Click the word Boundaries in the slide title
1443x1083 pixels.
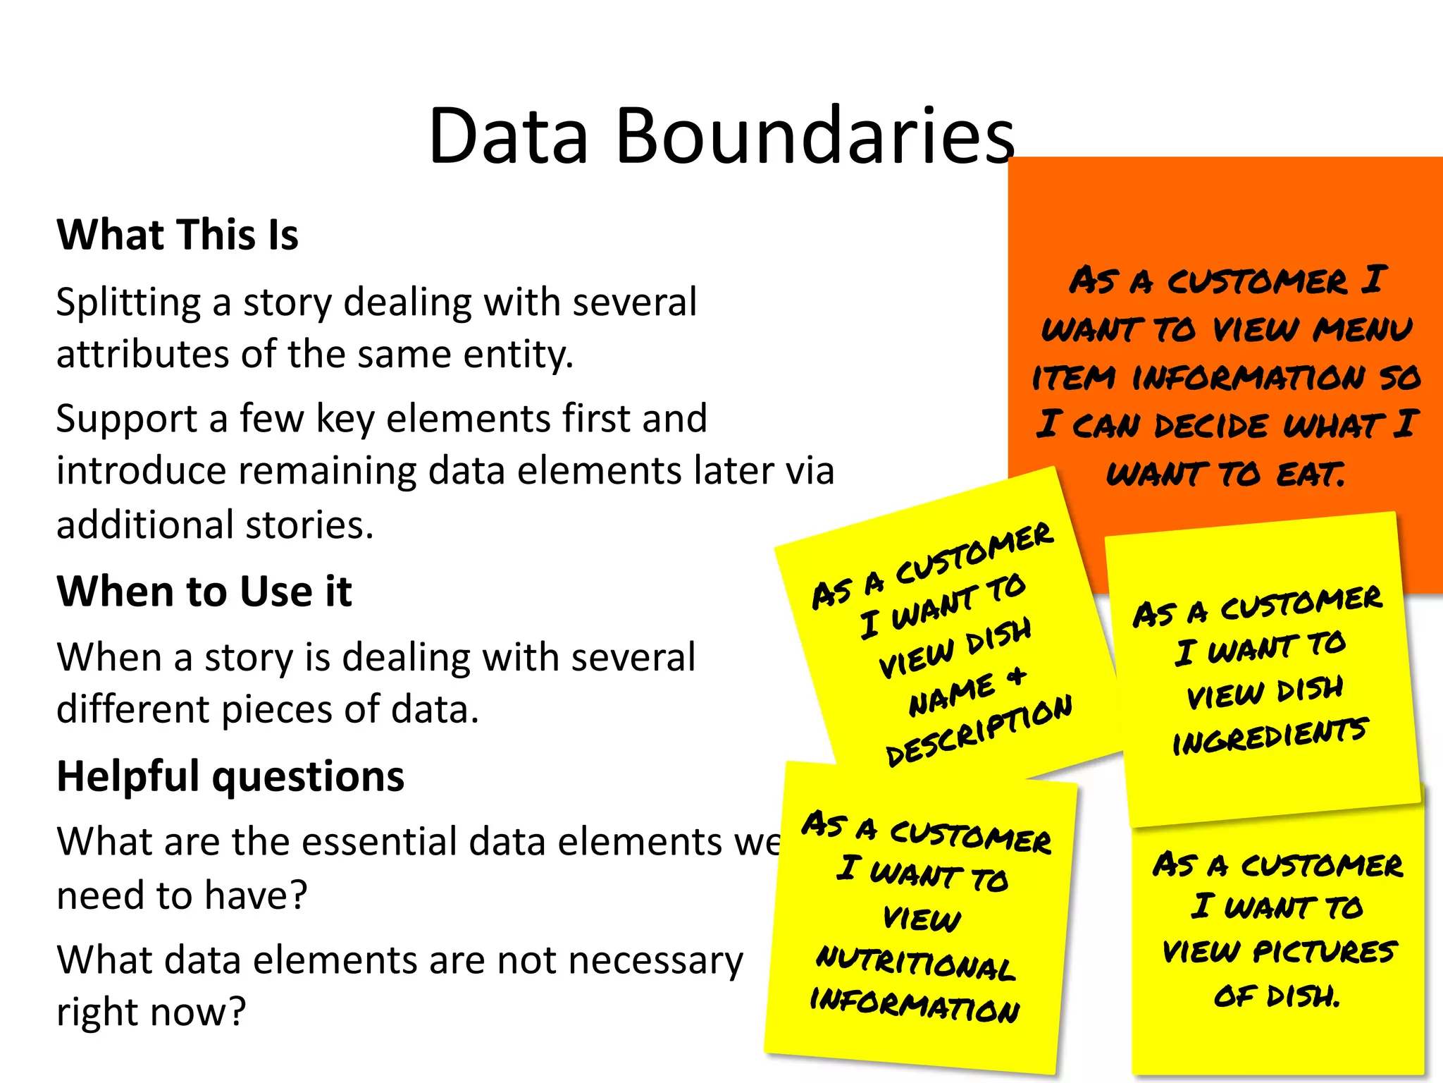[x=815, y=135]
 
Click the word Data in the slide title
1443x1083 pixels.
[x=508, y=135]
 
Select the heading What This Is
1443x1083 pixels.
[x=178, y=235]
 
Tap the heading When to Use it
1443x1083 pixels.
[x=204, y=591]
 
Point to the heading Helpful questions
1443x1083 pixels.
[x=230, y=776]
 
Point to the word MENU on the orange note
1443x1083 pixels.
[x=1363, y=329]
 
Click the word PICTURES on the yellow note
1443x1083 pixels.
[x=1325, y=952]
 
